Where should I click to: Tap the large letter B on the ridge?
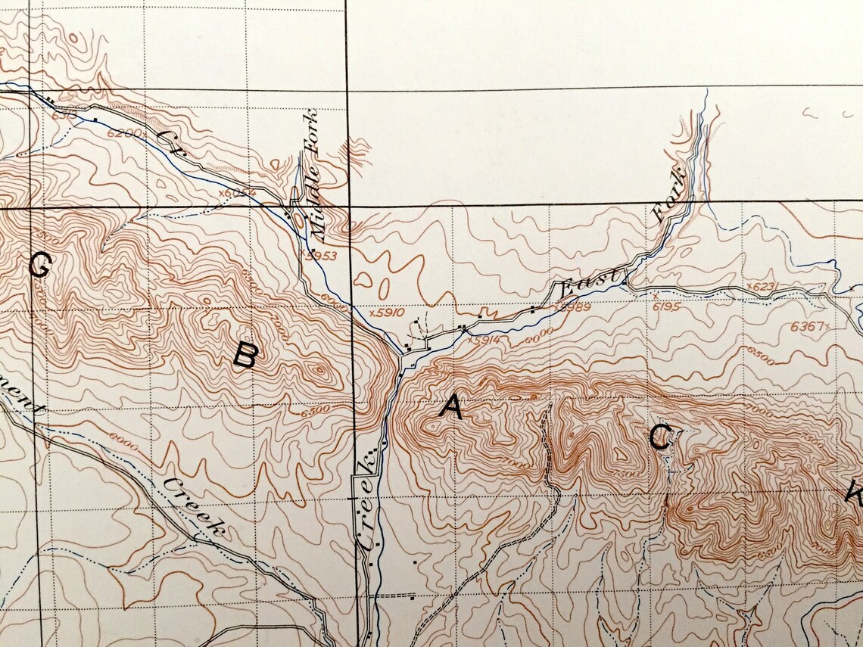[245, 355]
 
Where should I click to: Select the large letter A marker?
[450, 408]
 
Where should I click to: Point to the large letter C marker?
[659, 437]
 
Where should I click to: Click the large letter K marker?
[854, 495]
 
